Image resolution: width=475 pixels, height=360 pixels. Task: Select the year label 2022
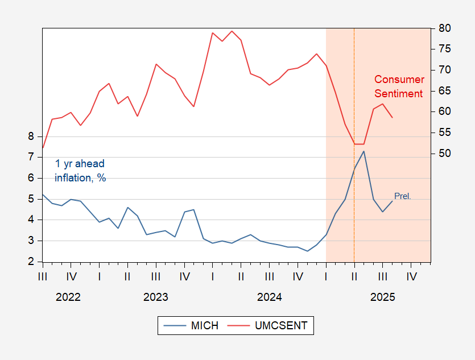point(68,297)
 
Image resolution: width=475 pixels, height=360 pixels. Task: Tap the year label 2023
point(155,297)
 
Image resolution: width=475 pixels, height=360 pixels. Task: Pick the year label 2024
point(269,297)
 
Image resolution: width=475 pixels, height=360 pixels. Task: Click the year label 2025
point(382,297)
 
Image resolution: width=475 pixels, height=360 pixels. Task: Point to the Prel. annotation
point(402,196)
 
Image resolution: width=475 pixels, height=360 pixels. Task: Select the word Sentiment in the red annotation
point(399,93)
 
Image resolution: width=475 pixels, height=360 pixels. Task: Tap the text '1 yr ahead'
point(80,164)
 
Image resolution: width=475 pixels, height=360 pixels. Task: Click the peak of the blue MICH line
point(364,151)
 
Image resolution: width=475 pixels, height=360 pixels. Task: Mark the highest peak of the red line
point(232,31)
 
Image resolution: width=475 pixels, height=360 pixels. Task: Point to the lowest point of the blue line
point(307,251)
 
